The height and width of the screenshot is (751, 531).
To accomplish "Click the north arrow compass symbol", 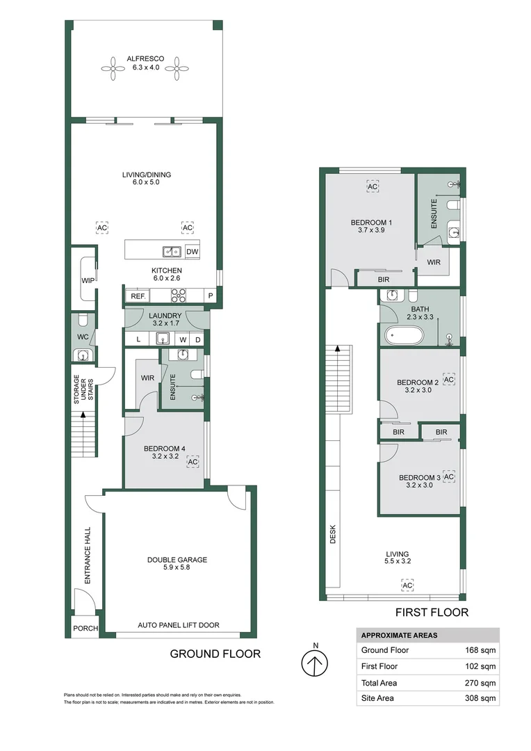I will (x=316, y=663).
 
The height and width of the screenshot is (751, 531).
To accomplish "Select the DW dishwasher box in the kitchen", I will (x=192, y=252).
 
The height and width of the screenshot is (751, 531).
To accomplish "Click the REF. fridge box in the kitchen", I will (x=136, y=296).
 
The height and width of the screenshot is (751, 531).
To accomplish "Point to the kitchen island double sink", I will (x=172, y=252).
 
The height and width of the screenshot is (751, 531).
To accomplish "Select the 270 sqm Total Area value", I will (x=480, y=683).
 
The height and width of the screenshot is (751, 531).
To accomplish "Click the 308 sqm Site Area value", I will (x=480, y=698).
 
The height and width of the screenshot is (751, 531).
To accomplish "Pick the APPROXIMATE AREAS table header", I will (x=398, y=635).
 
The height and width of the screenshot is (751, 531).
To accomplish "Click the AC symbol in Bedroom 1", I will (x=372, y=187).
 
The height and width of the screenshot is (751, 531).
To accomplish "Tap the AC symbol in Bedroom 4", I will (x=193, y=462).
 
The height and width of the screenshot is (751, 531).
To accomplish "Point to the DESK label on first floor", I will (x=333, y=533).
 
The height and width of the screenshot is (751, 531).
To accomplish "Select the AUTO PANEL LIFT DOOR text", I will (x=178, y=625).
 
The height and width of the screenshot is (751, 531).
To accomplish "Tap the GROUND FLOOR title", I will (x=215, y=654).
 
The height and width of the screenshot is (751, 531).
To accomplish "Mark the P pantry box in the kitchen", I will (x=211, y=296).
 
